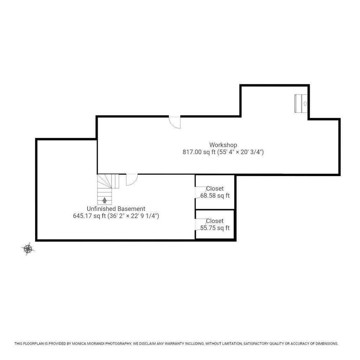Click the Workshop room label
[223, 145]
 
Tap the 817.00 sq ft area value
[199, 152]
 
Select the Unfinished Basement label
[116, 209]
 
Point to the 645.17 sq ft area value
[89, 216]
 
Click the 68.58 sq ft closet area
[215, 196]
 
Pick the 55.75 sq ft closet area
[215, 228]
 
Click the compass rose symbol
[28, 249]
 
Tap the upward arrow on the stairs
[104, 200]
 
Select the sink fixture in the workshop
[301, 104]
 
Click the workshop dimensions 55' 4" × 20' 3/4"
[240, 152]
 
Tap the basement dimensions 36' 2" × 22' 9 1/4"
[133, 216]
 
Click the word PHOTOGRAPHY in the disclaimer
[118, 344]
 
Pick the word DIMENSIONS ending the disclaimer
[327, 344]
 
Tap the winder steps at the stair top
[108, 181]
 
